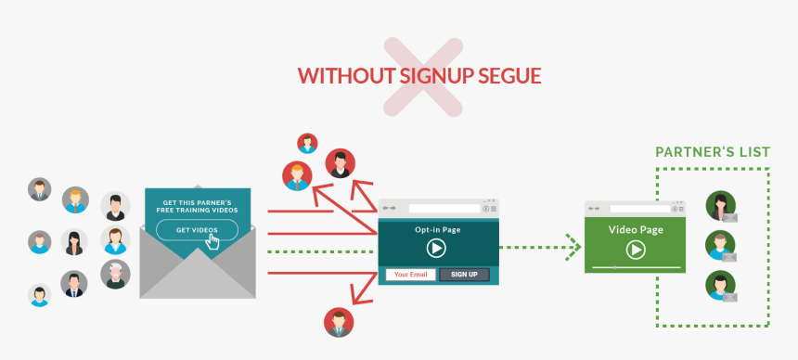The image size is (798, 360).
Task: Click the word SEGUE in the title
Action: [508, 76]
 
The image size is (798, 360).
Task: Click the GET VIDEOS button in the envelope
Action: [196, 230]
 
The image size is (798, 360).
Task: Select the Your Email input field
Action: [409, 275]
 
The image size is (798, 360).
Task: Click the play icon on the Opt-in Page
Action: [436, 248]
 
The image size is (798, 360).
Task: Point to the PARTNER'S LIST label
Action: [713, 151]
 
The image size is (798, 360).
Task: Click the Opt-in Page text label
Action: [436, 229]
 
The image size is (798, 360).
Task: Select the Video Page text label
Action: [635, 229]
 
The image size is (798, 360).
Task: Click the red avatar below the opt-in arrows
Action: [339, 322]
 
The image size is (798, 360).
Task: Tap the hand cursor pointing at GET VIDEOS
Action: [213, 241]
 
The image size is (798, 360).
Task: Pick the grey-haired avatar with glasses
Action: [115, 274]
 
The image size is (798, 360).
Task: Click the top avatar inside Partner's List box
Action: [719, 205]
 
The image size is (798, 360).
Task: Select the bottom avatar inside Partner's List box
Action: [719, 284]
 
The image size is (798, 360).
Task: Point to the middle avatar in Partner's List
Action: [719, 245]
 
